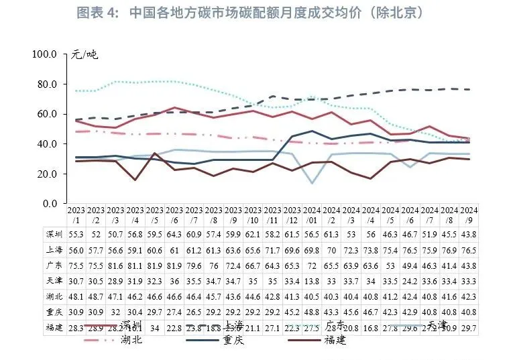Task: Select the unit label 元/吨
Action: click(84, 54)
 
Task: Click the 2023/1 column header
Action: click(76, 215)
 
